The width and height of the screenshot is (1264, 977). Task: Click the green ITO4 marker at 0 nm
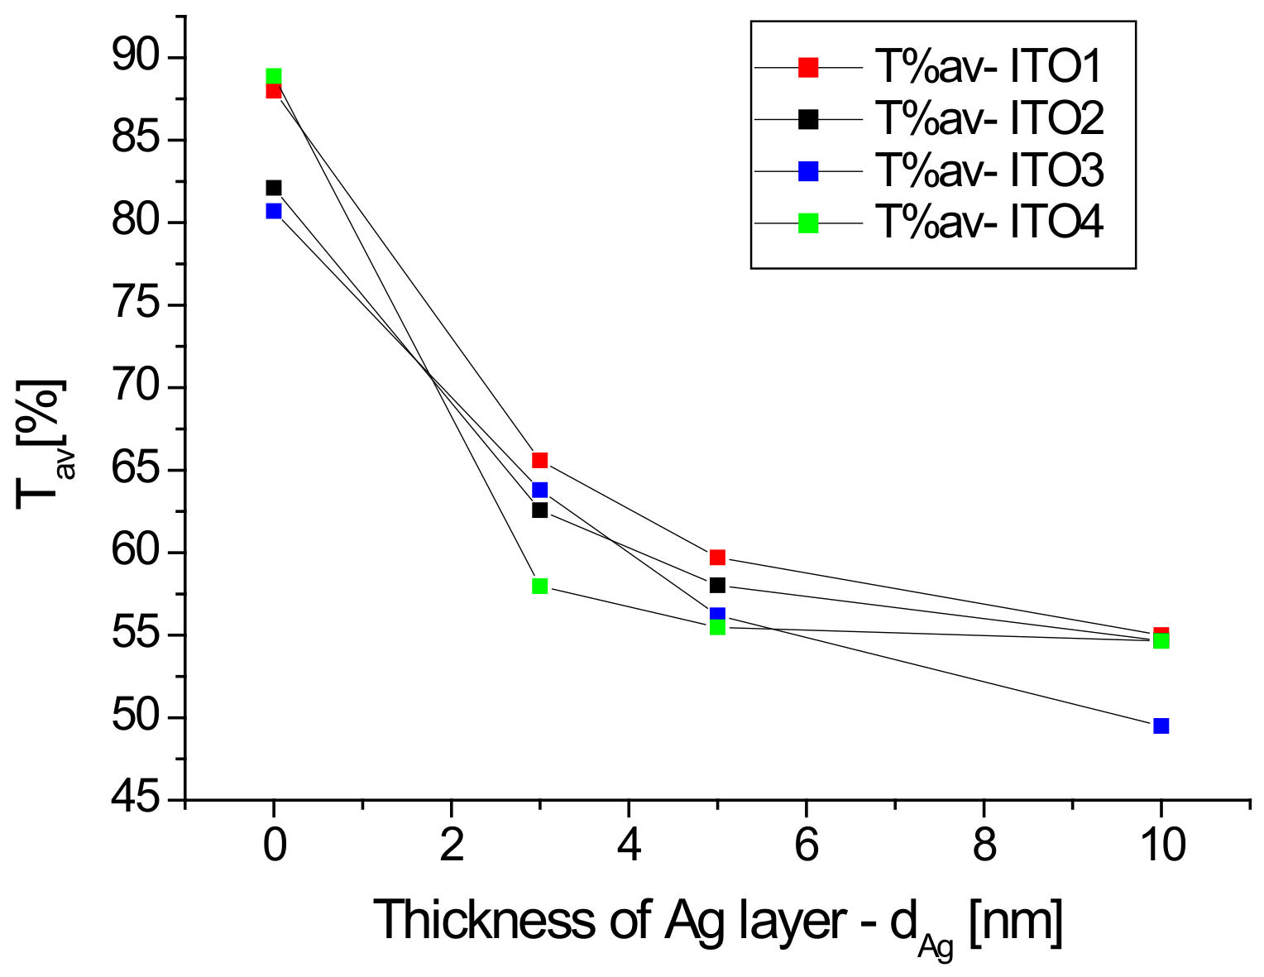(x=274, y=77)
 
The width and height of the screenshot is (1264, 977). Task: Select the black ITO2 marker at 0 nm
(x=274, y=188)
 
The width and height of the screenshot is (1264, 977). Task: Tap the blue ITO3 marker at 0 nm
(x=274, y=211)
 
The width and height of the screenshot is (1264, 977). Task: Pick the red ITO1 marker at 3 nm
(x=540, y=460)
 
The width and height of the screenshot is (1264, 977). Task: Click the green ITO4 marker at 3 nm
(x=540, y=587)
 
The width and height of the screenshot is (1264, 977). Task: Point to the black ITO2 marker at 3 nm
(x=540, y=510)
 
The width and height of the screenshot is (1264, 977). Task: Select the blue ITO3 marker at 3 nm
(x=540, y=490)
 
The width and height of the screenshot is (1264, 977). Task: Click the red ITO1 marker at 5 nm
(x=717, y=557)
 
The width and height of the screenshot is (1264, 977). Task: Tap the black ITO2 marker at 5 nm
(x=717, y=585)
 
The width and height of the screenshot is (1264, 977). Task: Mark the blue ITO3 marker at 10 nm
(x=1161, y=726)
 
